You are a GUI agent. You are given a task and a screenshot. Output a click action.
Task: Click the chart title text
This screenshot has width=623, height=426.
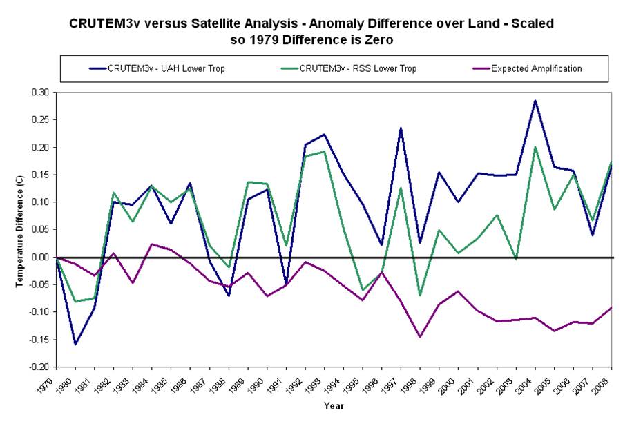click(x=311, y=31)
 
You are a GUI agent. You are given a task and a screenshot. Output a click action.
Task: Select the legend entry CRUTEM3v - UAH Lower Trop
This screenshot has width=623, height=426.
click(x=166, y=68)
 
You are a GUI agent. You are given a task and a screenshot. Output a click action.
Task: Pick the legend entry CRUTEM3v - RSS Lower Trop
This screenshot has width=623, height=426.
click(x=358, y=68)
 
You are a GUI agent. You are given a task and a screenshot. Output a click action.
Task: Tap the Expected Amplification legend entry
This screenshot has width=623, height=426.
click(x=536, y=68)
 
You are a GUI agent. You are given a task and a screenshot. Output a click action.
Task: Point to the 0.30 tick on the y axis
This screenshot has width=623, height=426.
click(x=40, y=93)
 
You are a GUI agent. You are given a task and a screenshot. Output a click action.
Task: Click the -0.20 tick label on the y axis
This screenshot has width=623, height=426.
click(x=39, y=367)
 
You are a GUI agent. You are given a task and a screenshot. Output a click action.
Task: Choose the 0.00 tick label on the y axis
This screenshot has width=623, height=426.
click(x=40, y=258)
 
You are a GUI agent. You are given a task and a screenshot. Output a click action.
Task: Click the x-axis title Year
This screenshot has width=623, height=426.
click(x=334, y=406)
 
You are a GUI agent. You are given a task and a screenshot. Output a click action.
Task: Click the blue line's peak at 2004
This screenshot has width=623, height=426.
click(x=535, y=101)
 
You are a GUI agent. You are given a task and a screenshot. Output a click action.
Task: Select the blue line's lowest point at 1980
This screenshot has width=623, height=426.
click(x=75, y=344)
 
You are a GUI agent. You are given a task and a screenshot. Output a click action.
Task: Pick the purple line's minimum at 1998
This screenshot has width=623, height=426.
click(x=420, y=336)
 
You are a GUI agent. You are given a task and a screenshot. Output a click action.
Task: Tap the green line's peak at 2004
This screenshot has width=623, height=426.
click(x=535, y=147)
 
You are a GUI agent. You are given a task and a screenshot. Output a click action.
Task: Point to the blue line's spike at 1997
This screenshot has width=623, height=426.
click(x=401, y=128)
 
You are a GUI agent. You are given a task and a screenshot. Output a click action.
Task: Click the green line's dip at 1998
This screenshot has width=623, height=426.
click(x=420, y=296)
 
